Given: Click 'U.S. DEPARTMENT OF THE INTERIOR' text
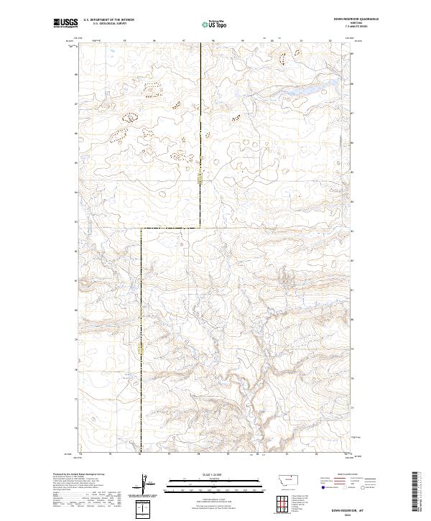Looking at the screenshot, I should (x=108, y=20).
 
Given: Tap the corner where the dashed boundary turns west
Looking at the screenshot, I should (x=200, y=228).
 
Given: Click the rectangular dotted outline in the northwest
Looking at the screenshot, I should (x=151, y=89).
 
